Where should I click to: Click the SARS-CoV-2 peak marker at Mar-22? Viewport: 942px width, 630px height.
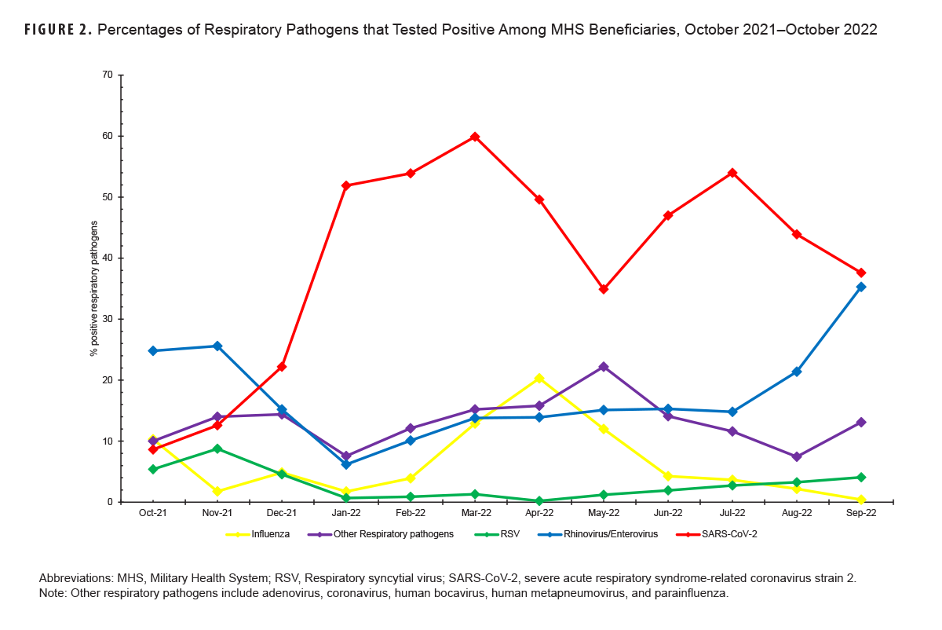tap(475, 137)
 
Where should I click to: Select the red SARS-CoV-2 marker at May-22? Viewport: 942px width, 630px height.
tap(604, 289)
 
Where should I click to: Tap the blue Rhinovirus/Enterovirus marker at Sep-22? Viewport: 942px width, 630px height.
tap(861, 287)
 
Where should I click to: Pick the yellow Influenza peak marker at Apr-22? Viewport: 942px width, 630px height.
tap(539, 379)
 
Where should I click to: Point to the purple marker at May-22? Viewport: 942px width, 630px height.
tap(604, 367)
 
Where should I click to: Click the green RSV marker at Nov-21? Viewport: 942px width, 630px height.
tap(217, 449)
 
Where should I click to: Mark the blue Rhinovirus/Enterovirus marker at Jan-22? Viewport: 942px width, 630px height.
tap(346, 464)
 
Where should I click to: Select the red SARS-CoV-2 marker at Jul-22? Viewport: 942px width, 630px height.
tap(732, 173)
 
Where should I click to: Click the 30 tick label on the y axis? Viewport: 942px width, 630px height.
tap(107, 319)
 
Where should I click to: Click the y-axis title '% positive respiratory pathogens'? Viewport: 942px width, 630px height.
tap(93, 288)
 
